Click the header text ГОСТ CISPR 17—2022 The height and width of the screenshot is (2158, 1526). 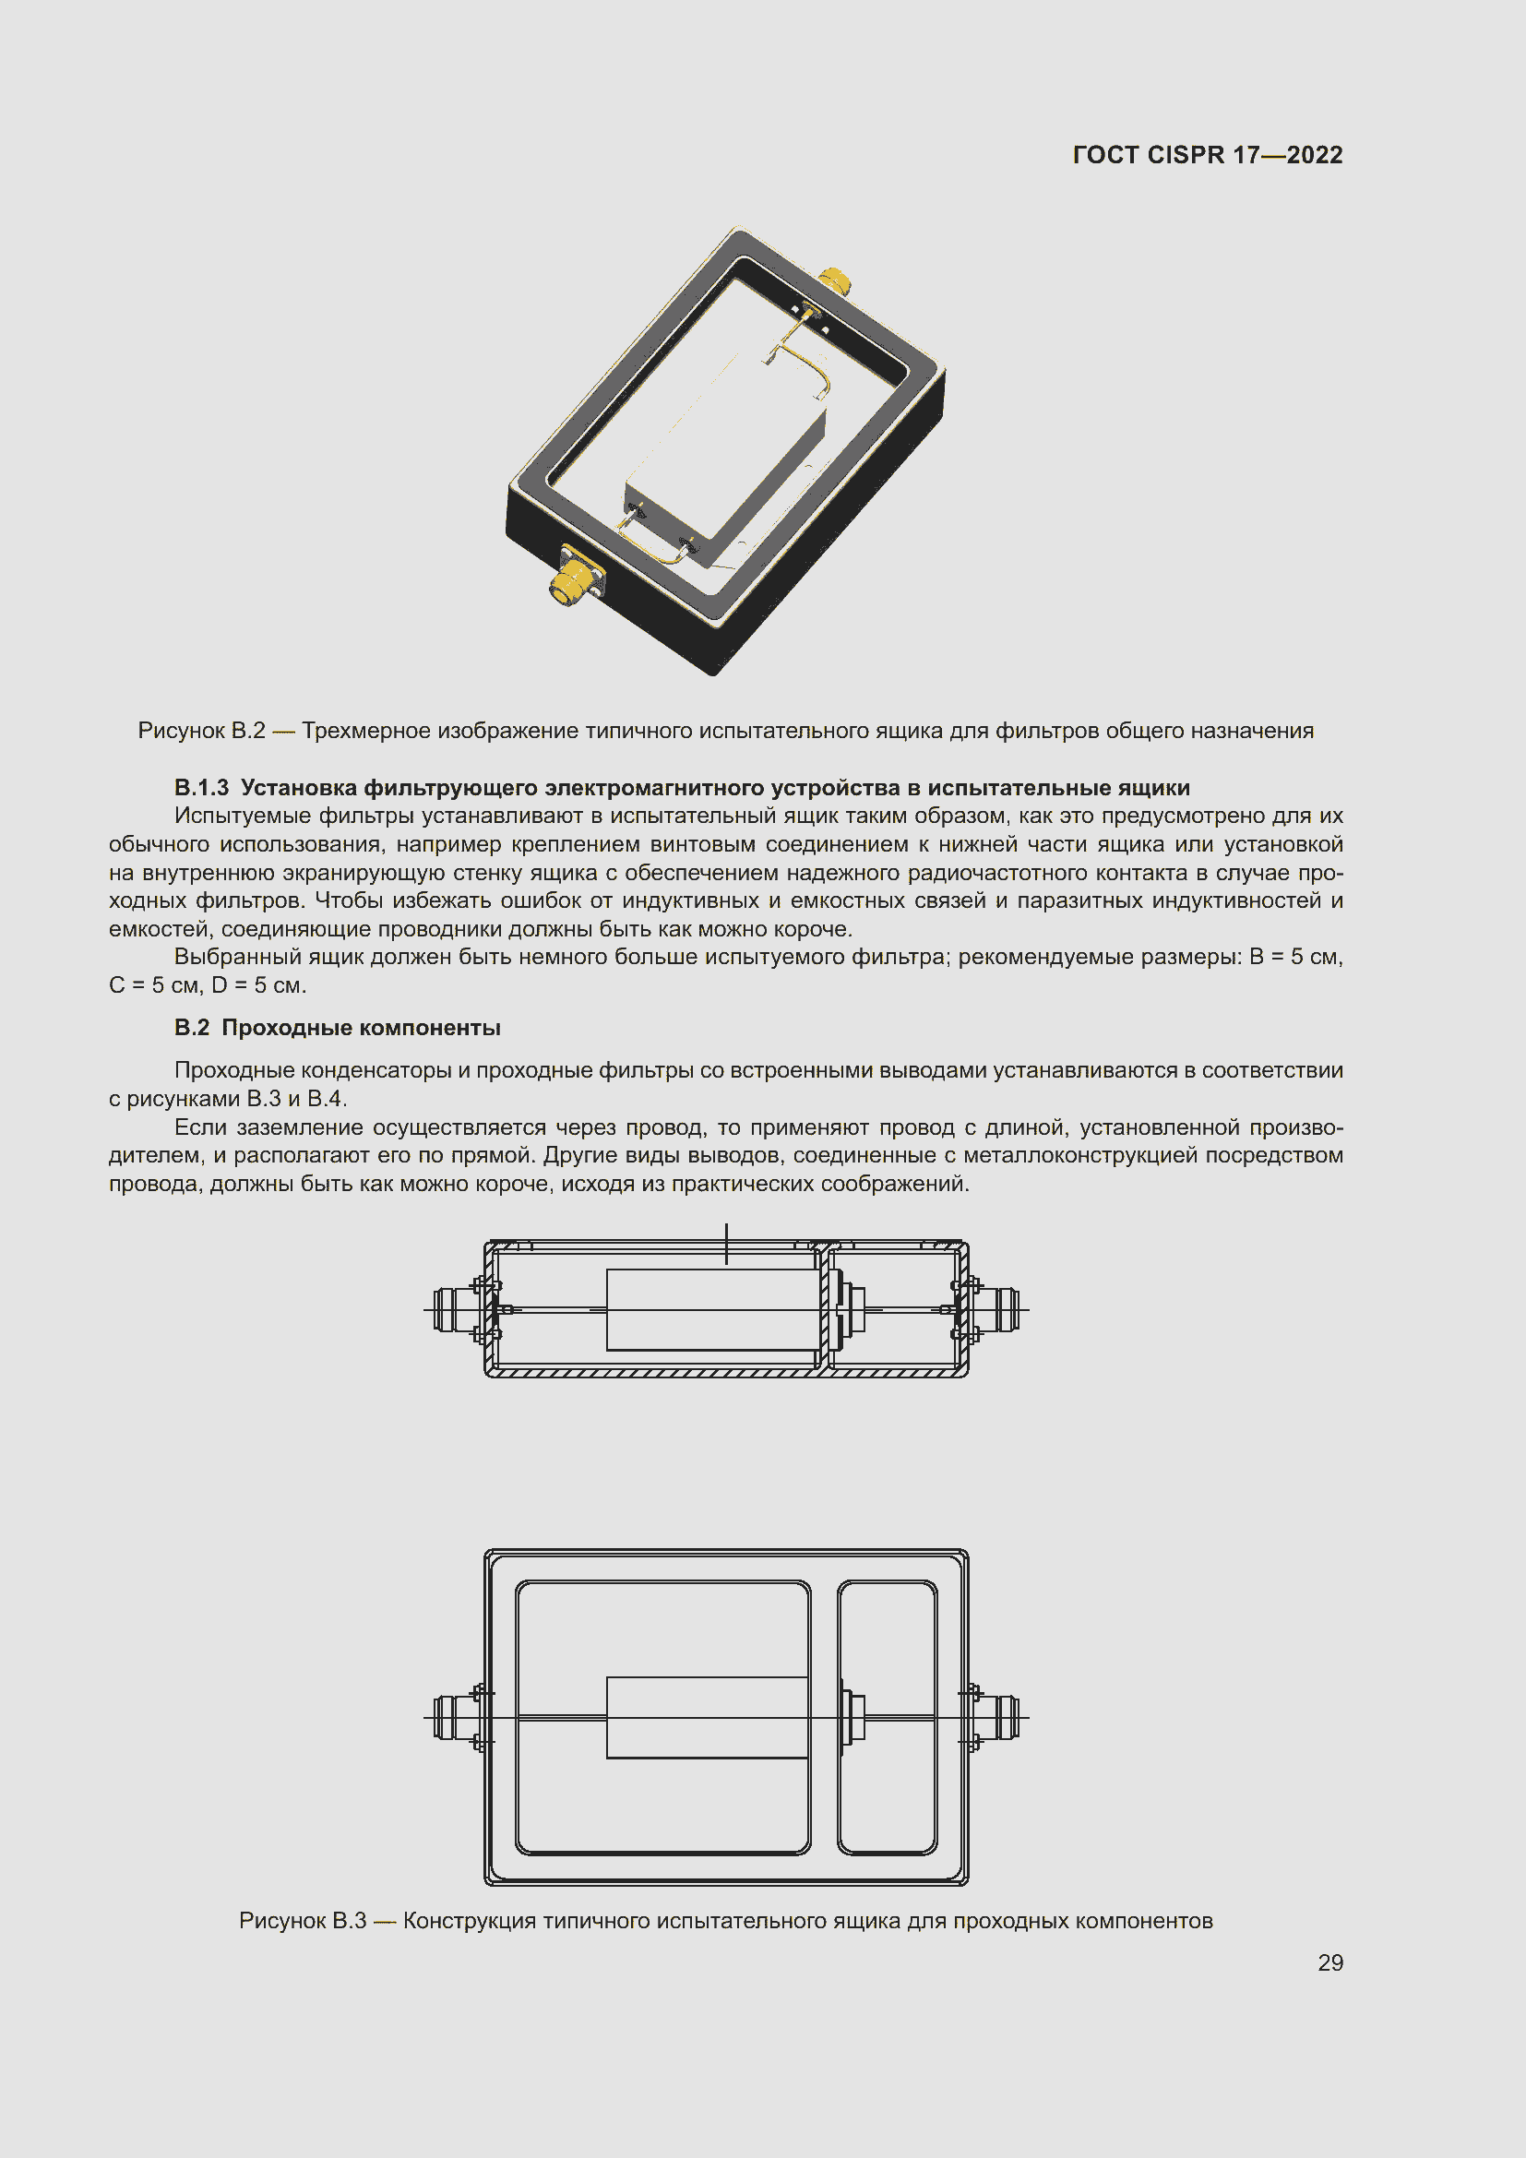click(1207, 155)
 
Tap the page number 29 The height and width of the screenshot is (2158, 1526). click(1329, 1962)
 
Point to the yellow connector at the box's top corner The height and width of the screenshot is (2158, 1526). click(834, 280)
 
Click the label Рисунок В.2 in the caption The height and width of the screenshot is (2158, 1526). click(201, 731)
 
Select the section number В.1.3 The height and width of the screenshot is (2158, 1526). click(201, 788)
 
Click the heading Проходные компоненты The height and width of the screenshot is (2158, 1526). click(361, 1027)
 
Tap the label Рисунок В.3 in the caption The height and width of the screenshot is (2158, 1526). click(302, 1920)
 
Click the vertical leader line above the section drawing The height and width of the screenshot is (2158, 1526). click(726, 1243)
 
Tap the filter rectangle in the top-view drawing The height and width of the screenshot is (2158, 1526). click(707, 1718)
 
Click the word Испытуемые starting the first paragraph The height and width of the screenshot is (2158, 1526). click(243, 816)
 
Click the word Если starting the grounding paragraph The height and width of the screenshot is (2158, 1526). click(201, 1127)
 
